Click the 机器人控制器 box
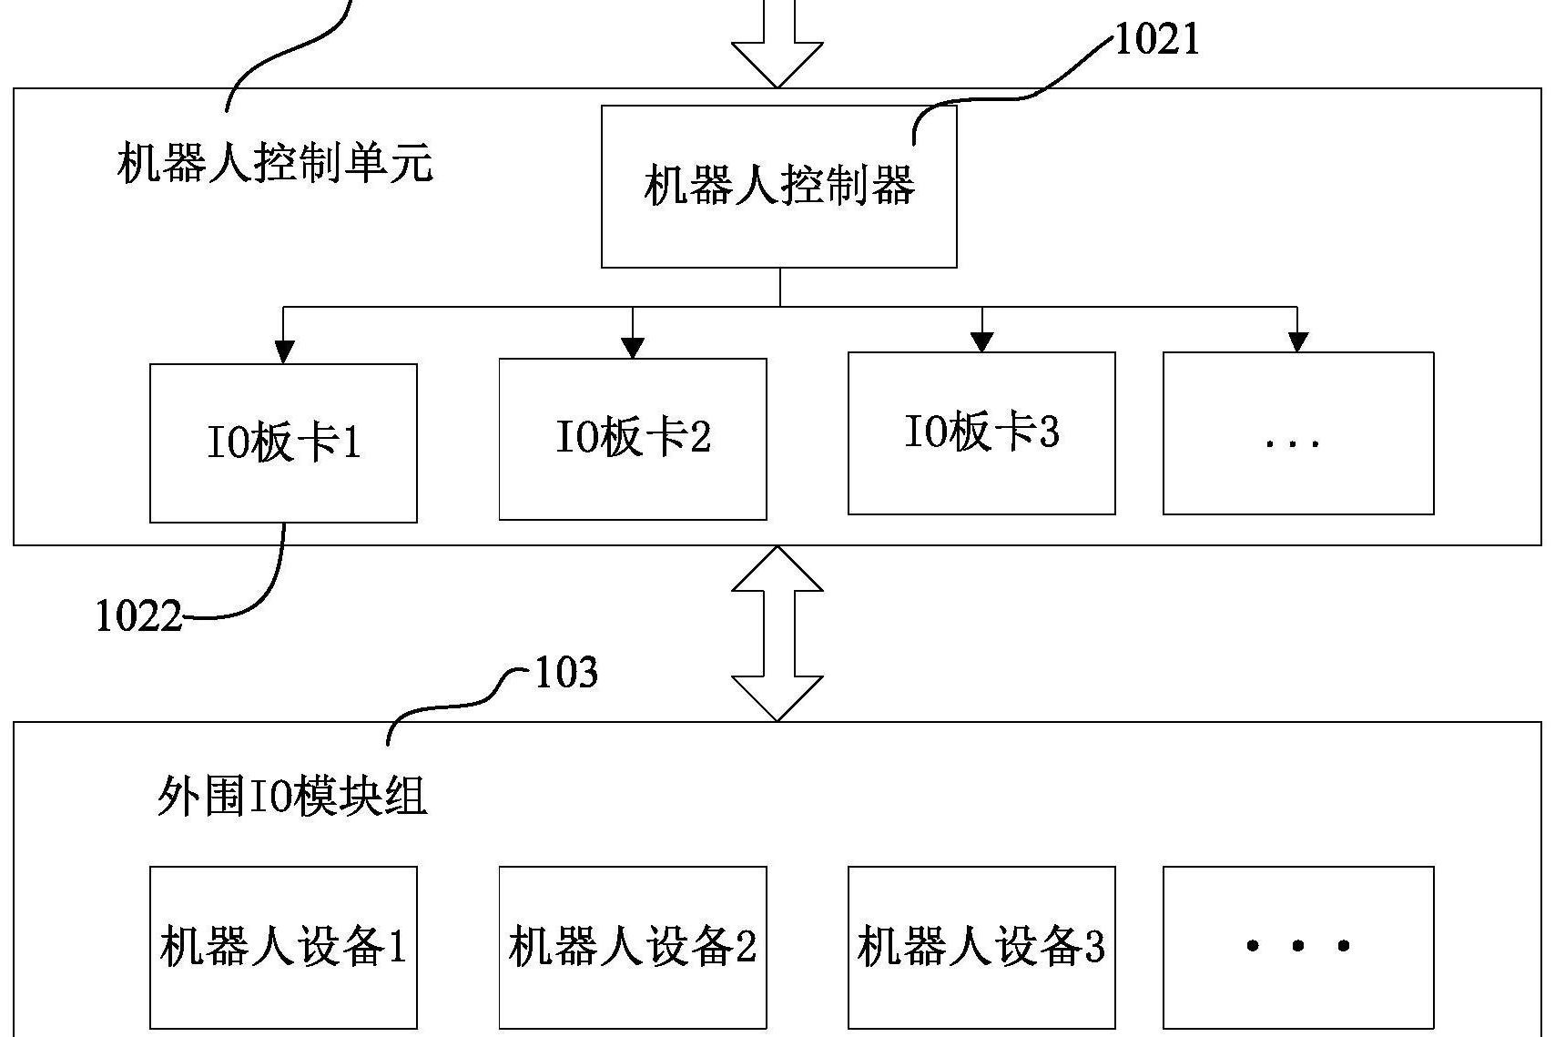(x=778, y=187)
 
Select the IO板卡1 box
(x=283, y=443)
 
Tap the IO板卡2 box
(x=633, y=438)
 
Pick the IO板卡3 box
(x=981, y=432)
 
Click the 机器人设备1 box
(x=283, y=947)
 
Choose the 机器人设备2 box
(x=633, y=947)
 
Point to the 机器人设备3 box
(x=981, y=947)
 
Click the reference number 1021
(x=1156, y=39)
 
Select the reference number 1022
(x=138, y=616)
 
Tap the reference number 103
(x=565, y=673)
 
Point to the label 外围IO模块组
(x=291, y=797)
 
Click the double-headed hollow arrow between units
(x=777, y=634)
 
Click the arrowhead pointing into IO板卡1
(x=284, y=352)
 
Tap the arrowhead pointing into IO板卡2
(x=633, y=348)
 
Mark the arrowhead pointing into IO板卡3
(x=981, y=341)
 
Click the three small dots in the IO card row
(x=1293, y=444)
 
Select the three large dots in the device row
(x=1297, y=947)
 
